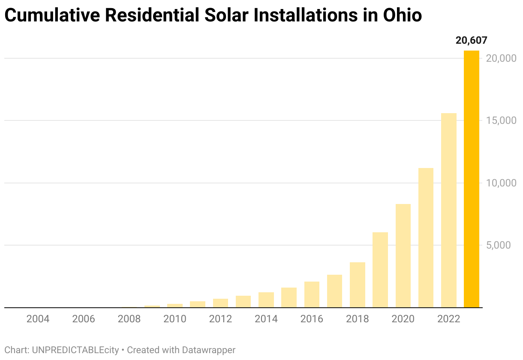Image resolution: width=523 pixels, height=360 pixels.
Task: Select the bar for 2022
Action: click(x=449, y=210)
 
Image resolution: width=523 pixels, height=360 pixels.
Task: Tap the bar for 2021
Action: click(x=426, y=238)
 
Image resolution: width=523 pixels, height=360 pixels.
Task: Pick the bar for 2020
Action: click(x=403, y=256)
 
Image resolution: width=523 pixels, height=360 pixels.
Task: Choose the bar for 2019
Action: click(x=380, y=270)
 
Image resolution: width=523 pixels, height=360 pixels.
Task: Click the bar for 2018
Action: click(x=357, y=285)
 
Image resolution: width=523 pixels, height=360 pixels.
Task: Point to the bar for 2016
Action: click(x=312, y=294)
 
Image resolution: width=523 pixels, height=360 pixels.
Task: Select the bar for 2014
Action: click(x=266, y=300)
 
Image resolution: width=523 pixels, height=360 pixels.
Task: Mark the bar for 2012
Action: click(x=220, y=303)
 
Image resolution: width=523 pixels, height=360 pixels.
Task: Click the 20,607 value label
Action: click(x=471, y=41)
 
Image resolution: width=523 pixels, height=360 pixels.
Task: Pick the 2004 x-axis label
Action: click(x=38, y=319)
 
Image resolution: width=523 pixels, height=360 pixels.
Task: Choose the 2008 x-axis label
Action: click(x=129, y=319)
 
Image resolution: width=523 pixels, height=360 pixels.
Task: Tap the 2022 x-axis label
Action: click(x=449, y=319)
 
